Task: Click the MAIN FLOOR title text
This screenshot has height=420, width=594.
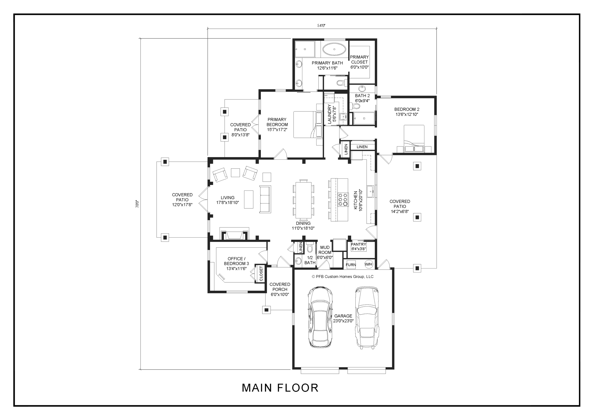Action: click(280, 388)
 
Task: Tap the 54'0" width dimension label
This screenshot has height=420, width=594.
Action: click(321, 26)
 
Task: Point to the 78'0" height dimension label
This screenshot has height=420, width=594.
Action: click(137, 204)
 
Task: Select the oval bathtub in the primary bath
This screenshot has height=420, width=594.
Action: click(334, 49)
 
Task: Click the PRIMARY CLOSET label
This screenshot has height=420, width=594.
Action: click(359, 60)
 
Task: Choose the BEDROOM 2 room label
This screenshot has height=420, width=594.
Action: click(407, 110)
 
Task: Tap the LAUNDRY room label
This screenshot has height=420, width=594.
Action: click(329, 114)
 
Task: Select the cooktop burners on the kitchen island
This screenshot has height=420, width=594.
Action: click(343, 200)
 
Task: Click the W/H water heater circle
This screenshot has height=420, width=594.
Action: click(369, 264)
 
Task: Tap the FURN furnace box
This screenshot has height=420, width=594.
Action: click(351, 265)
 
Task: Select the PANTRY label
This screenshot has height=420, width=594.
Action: click(358, 244)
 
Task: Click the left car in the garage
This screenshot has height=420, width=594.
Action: click(320, 317)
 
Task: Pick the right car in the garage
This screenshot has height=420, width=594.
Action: click(367, 317)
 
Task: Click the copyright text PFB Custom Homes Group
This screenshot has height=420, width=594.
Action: click(342, 277)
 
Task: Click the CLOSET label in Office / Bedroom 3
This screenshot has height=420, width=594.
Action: click(261, 274)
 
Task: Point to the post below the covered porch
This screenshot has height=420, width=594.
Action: click(266, 310)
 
